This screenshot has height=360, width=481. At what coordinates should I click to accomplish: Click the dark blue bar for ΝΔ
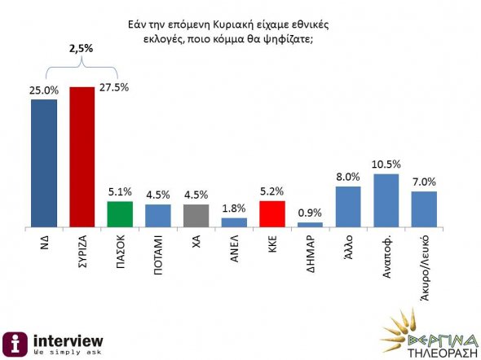pos(43,162)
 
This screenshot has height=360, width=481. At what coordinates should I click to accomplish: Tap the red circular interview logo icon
pos(14,343)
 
